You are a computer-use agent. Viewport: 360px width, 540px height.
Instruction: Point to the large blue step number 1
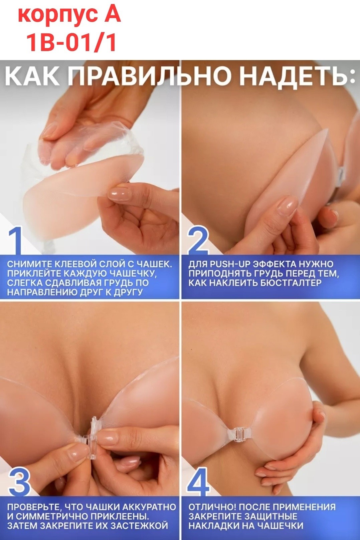point(15,240)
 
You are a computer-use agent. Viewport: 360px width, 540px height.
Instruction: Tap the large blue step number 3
point(19,481)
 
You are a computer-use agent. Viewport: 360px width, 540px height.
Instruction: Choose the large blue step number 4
point(198,481)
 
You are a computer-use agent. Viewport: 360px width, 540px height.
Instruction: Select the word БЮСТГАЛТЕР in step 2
point(290,283)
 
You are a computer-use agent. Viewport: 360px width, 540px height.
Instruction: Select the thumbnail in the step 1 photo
point(120,193)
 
